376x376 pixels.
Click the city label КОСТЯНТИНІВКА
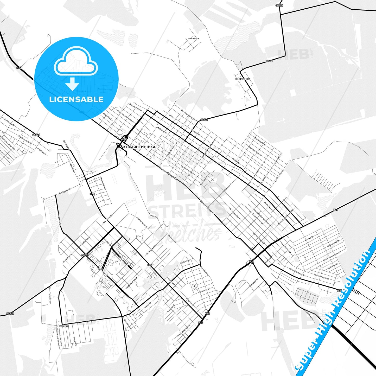(x=139, y=147)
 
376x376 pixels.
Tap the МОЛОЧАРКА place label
(x=193, y=39)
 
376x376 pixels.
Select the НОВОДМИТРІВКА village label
(x=242, y=79)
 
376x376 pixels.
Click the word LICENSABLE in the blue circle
(x=76, y=99)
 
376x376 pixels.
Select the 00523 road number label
(x=36, y=135)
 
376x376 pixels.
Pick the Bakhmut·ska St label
(x=135, y=107)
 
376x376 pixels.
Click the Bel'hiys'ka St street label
(x=65, y=191)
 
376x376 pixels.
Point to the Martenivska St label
(x=260, y=141)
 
